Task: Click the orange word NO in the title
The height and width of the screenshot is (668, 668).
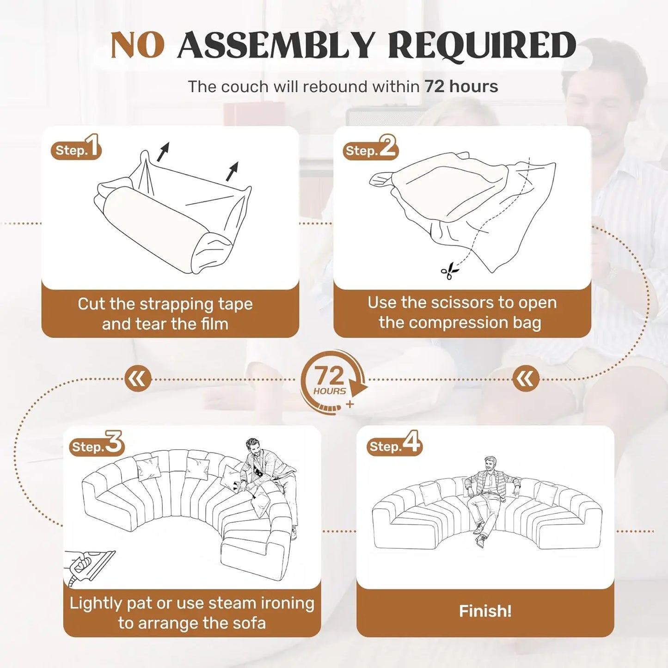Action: tap(138, 45)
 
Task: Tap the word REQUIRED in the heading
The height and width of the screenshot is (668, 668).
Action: tap(483, 45)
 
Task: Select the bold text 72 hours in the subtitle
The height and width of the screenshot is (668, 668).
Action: tap(461, 86)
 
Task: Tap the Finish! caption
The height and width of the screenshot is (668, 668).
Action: tap(485, 611)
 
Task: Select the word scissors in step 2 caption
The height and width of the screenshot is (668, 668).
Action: tap(462, 303)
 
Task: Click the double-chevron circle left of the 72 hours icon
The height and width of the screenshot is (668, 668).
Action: tap(138, 379)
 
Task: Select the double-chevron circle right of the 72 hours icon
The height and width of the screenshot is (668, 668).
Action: tap(526, 379)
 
